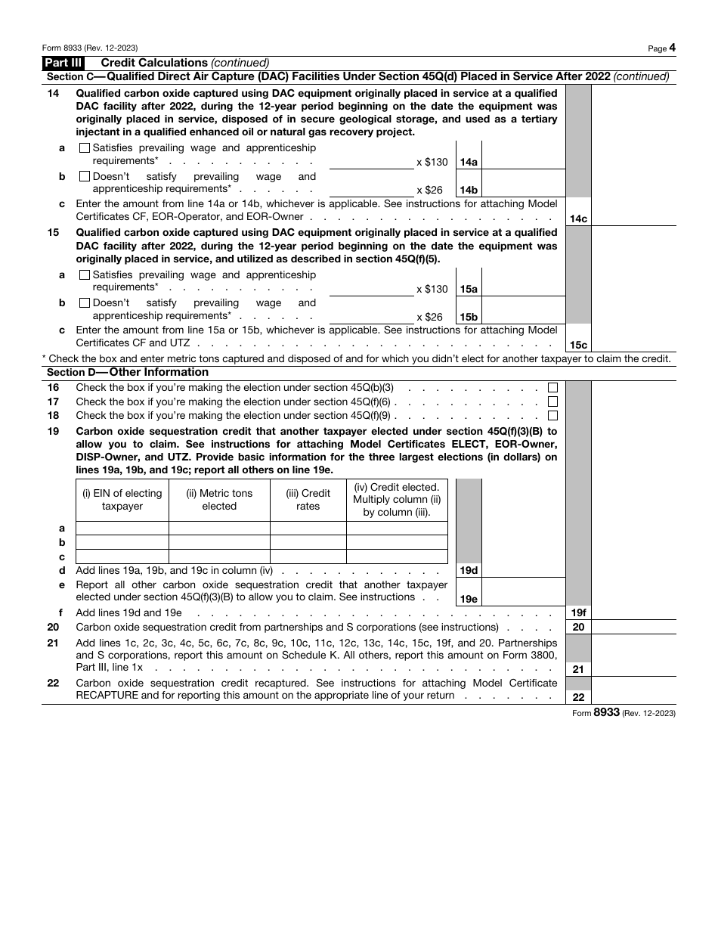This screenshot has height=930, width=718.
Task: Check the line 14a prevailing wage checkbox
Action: (84, 148)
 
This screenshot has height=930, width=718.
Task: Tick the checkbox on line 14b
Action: (84, 176)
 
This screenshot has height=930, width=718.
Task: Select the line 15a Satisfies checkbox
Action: (84, 275)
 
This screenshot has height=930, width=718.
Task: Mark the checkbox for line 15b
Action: (84, 303)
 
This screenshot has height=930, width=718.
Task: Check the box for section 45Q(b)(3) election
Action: (553, 387)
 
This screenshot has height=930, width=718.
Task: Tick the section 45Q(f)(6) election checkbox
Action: (553, 401)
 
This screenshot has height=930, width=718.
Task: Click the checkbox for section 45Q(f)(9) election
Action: (553, 415)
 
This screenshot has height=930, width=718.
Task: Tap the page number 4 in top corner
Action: (672, 48)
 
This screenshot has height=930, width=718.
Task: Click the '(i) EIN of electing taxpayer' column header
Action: (122, 500)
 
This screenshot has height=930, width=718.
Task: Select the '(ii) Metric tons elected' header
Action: (219, 500)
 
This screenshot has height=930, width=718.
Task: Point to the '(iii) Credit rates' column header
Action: (308, 500)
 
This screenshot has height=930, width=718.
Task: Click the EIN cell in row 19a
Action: (122, 528)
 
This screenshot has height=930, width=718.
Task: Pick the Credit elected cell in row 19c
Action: (397, 556)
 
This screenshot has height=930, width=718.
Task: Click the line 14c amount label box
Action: (578, 219)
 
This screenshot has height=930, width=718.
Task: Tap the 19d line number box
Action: (469, 571)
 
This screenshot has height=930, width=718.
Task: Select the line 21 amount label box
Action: (578, 669)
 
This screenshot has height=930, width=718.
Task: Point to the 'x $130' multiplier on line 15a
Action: (432, 289)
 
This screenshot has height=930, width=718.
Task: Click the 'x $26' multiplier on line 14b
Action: (429, 191)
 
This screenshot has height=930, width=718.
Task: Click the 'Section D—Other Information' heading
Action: (128, 372)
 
